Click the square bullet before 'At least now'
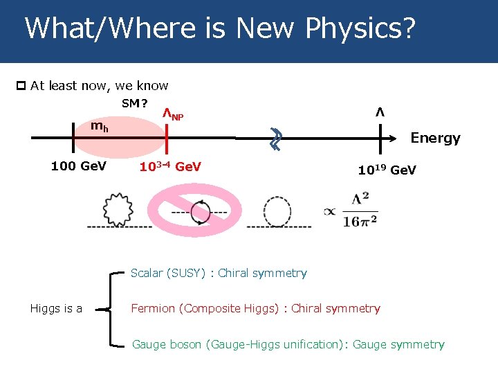click(x=21, y=86)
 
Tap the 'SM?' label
click(x=134, y=104)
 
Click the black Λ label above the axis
click(x=379, y=112)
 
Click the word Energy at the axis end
click(x=435, y=138)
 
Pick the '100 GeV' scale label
click(x=78, y=166)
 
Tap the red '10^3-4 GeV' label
click(x=170, y=166)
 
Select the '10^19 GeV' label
click(x=387, y=170)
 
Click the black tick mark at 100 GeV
click(x=73, y=138)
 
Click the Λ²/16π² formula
click(x=360, y=210)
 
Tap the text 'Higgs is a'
click(x=56, y=309)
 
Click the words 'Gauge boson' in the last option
click(x=167, y=344)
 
